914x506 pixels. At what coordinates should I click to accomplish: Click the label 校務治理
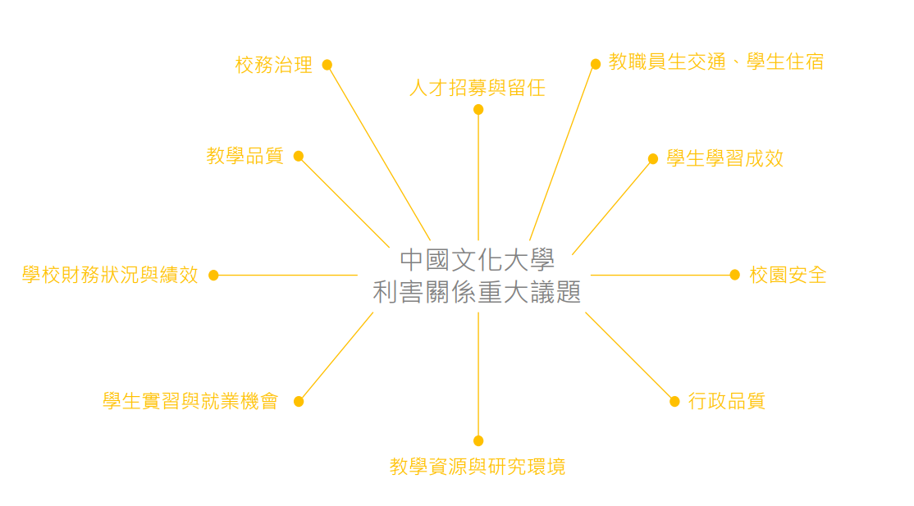274,65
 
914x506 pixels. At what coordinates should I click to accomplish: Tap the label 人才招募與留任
478,88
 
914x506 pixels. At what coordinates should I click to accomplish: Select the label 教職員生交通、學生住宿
715,62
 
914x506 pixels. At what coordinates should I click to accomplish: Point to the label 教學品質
244,156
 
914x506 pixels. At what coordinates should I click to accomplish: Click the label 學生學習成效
725,158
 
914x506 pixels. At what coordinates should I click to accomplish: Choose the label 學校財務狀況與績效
110,275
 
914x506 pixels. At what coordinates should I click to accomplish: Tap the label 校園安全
788,275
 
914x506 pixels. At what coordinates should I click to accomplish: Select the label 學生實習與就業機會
190,401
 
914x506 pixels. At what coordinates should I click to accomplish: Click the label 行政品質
726,401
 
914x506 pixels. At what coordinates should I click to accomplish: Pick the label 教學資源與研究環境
478,467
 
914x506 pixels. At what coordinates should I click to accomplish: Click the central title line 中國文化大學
478,260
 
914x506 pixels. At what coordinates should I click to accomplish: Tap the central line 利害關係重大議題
478,292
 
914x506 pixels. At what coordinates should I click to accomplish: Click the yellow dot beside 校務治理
327,65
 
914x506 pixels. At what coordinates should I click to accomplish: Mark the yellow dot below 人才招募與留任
478,110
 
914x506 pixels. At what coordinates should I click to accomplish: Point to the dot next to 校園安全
735,276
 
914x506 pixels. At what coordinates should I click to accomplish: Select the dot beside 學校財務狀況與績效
214,276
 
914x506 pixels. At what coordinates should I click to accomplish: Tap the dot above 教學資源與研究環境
478,440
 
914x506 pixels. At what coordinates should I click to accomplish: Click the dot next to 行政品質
674,402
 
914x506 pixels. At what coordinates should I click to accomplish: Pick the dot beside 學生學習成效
653,158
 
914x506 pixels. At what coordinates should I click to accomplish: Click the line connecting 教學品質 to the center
344,202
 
